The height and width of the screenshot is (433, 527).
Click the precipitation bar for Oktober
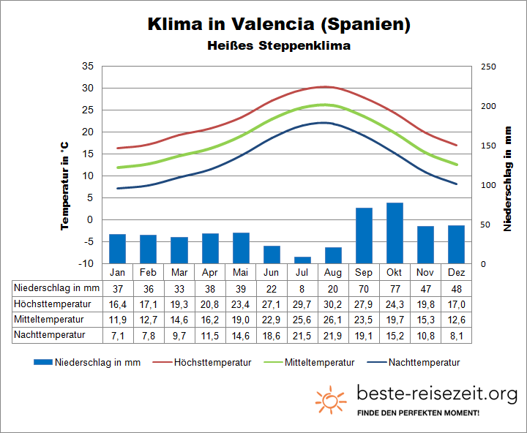[x=395, y=233]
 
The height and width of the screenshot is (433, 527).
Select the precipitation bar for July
[x=302, y=260]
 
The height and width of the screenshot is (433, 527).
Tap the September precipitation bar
[x=364, y=236]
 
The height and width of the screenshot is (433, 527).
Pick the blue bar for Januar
[x=117, y=249]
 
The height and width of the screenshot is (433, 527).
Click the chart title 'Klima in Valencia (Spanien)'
[x=279, y=23]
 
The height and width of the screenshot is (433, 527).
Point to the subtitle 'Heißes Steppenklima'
[x=279, y=45]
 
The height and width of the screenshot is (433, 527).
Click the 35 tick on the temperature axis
[x=88, y=67]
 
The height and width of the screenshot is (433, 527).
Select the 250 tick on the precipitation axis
[x=488, y=67]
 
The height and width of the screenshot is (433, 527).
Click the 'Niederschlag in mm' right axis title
[x=507, y=178]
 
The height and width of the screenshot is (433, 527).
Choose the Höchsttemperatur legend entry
[x=212, y=362]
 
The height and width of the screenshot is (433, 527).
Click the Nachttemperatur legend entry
[x=414, y=362]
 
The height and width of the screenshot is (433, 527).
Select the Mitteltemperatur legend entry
[x=313, y=362]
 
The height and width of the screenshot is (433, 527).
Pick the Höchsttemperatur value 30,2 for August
[x=333, y=304]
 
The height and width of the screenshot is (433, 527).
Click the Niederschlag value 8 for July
[x=302, y=288]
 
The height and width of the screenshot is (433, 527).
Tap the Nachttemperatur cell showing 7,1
[x=117, y=335]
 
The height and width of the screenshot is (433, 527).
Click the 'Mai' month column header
[x=241, y=272]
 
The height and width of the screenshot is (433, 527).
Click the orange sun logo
[x=331, y=399]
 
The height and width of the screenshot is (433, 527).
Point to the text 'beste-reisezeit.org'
[x=436, y=394]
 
